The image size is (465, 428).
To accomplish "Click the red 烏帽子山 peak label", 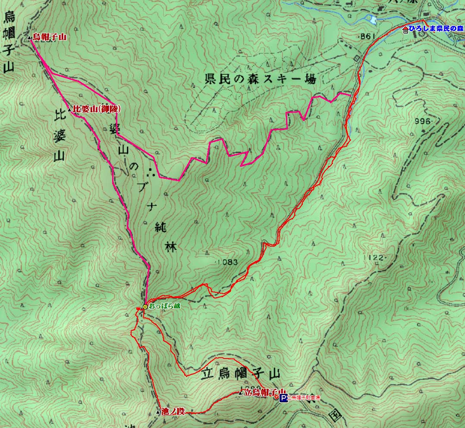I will [50, 38].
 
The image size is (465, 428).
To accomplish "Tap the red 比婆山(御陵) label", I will [96, 109].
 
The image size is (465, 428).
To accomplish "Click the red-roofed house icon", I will [405, 30].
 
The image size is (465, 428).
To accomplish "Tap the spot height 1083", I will [227, 262].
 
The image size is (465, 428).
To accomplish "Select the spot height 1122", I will [374, 258].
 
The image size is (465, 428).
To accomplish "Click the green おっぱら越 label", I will [164, 306].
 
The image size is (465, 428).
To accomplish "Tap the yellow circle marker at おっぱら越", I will [145, 307].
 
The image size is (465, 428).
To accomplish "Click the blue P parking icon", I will [283, 399].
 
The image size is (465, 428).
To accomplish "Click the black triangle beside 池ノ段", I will [158, 412].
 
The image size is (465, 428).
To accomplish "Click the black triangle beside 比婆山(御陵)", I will [69, 110].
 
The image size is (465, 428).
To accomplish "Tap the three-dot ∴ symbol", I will [151, 172].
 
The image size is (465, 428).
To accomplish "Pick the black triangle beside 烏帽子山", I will [29, 38].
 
